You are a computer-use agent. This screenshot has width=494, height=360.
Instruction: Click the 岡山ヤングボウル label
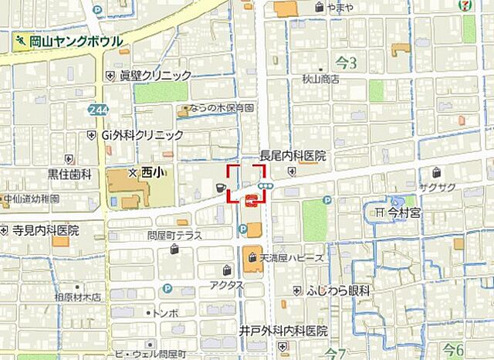point(74,40)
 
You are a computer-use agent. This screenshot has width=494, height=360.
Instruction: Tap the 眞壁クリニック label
point(154,75)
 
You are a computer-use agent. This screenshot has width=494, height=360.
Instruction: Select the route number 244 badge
point(98,110)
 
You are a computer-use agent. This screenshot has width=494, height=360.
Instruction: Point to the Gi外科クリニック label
point(142,134)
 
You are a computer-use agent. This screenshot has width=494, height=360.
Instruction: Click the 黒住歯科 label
point(69,175)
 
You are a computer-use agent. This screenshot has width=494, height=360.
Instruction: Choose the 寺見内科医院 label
point(45,229)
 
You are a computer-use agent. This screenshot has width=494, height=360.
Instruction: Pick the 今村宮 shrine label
point(402,212)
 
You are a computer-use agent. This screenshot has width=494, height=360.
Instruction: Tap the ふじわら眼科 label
point(337,290)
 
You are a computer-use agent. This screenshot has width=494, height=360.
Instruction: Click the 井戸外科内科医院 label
point(283,331)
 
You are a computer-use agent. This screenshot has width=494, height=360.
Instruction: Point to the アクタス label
point(227,285)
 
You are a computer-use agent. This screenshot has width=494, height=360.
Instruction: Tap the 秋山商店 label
point(320,78)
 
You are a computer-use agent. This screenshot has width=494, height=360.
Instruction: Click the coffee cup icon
point(219,187)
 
